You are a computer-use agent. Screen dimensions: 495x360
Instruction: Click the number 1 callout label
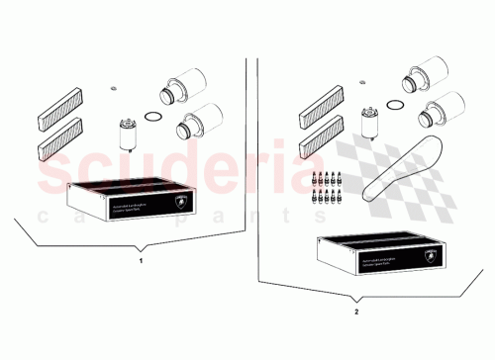142,261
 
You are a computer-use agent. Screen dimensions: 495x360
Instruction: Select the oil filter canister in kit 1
127,132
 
